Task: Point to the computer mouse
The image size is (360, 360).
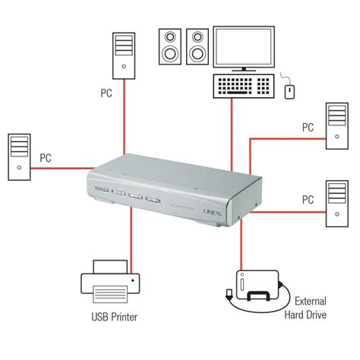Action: pos(289,90)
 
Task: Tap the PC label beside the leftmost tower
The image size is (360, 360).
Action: pos(46,159)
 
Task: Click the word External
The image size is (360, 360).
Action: pos(311,300)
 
